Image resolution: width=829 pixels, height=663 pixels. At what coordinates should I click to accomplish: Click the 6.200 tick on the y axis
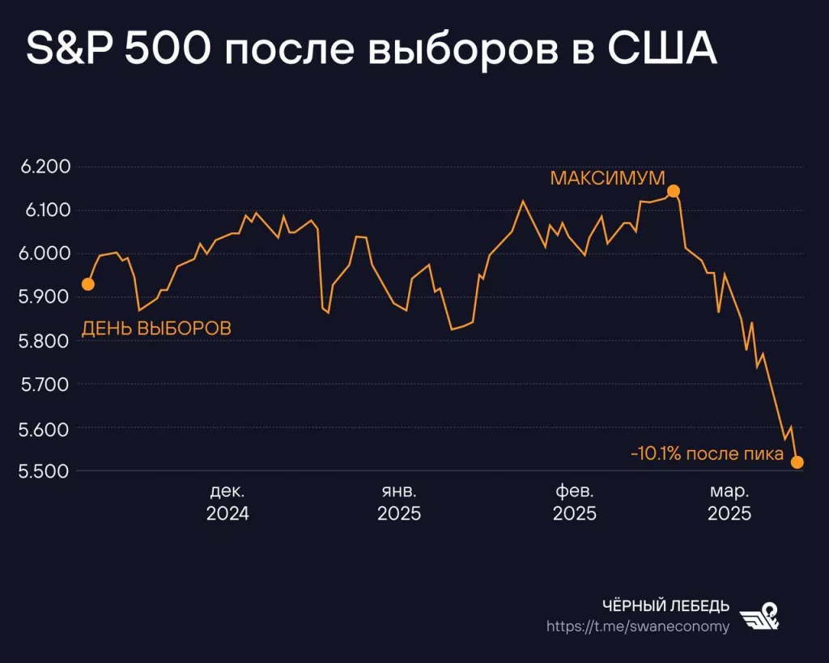[x=45, y=168]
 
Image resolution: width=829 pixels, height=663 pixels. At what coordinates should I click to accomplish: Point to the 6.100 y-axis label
[x=45, y=210]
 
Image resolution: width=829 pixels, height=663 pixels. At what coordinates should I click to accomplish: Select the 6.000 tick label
[x=45, y=254]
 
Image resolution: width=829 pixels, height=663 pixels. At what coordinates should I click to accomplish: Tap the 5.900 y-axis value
[x=45, y=297]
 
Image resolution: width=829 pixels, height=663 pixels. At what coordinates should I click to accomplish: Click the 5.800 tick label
[x=45, y=341]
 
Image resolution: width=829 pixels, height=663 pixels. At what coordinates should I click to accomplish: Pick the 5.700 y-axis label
[x=45, y=385]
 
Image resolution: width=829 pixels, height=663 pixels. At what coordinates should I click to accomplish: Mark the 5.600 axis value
[x=45, y=428]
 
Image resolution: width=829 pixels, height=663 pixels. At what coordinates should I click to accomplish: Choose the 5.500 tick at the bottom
[x=45, y=471]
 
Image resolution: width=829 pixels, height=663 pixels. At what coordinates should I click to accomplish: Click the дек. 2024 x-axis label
[x=227, y=502]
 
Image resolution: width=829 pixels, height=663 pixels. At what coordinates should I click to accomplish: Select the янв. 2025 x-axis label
[x=399, y=502]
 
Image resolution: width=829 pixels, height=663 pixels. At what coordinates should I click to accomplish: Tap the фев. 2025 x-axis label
[x=574, y=502]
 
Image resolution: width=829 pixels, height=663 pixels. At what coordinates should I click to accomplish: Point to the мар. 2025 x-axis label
[x=729, y=502]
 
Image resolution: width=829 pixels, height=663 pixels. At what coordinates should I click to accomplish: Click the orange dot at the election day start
[x=88, y=284]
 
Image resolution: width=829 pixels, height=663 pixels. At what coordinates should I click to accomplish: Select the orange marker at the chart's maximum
[x=673, y=191]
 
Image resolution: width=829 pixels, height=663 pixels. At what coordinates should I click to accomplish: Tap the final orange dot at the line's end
[x=797, y=462]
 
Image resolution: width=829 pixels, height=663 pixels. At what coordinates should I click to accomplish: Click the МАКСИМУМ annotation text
[x=607, y=178]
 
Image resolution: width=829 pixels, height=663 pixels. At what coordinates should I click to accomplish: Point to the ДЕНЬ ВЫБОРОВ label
[x=156, y=329]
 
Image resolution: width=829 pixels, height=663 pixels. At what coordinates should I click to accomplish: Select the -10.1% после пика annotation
[x=707, y=454]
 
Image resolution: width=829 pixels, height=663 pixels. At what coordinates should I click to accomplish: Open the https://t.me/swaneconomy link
[x=637, y=627]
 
